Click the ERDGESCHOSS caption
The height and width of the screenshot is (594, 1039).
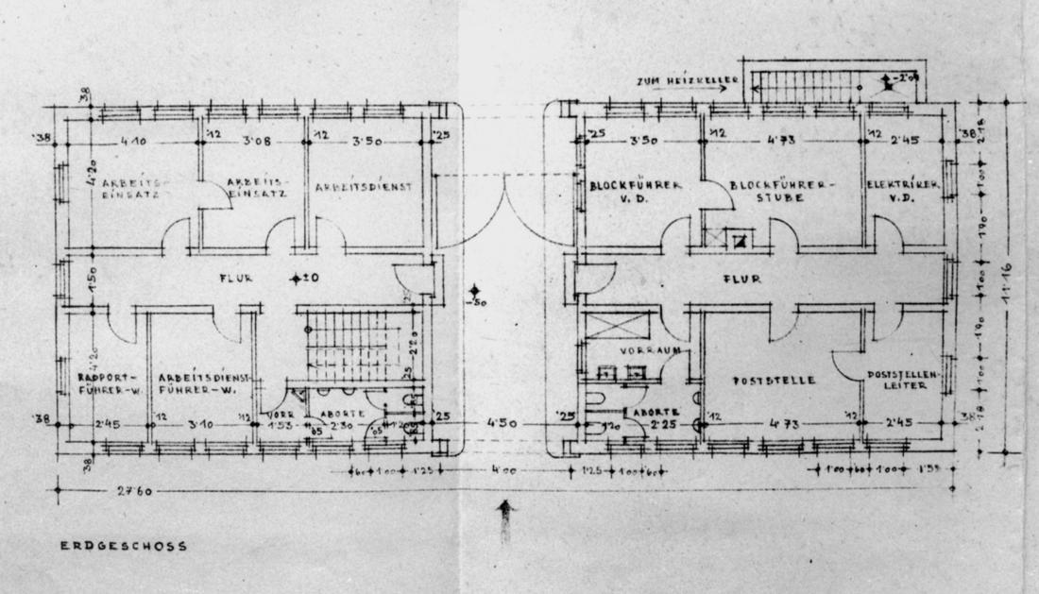coord(124,545)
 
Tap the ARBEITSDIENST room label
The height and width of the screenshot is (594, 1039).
coord(364,187)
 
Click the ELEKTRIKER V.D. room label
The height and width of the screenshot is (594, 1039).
coord(903,192)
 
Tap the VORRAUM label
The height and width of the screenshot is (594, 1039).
coord(624,350)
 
